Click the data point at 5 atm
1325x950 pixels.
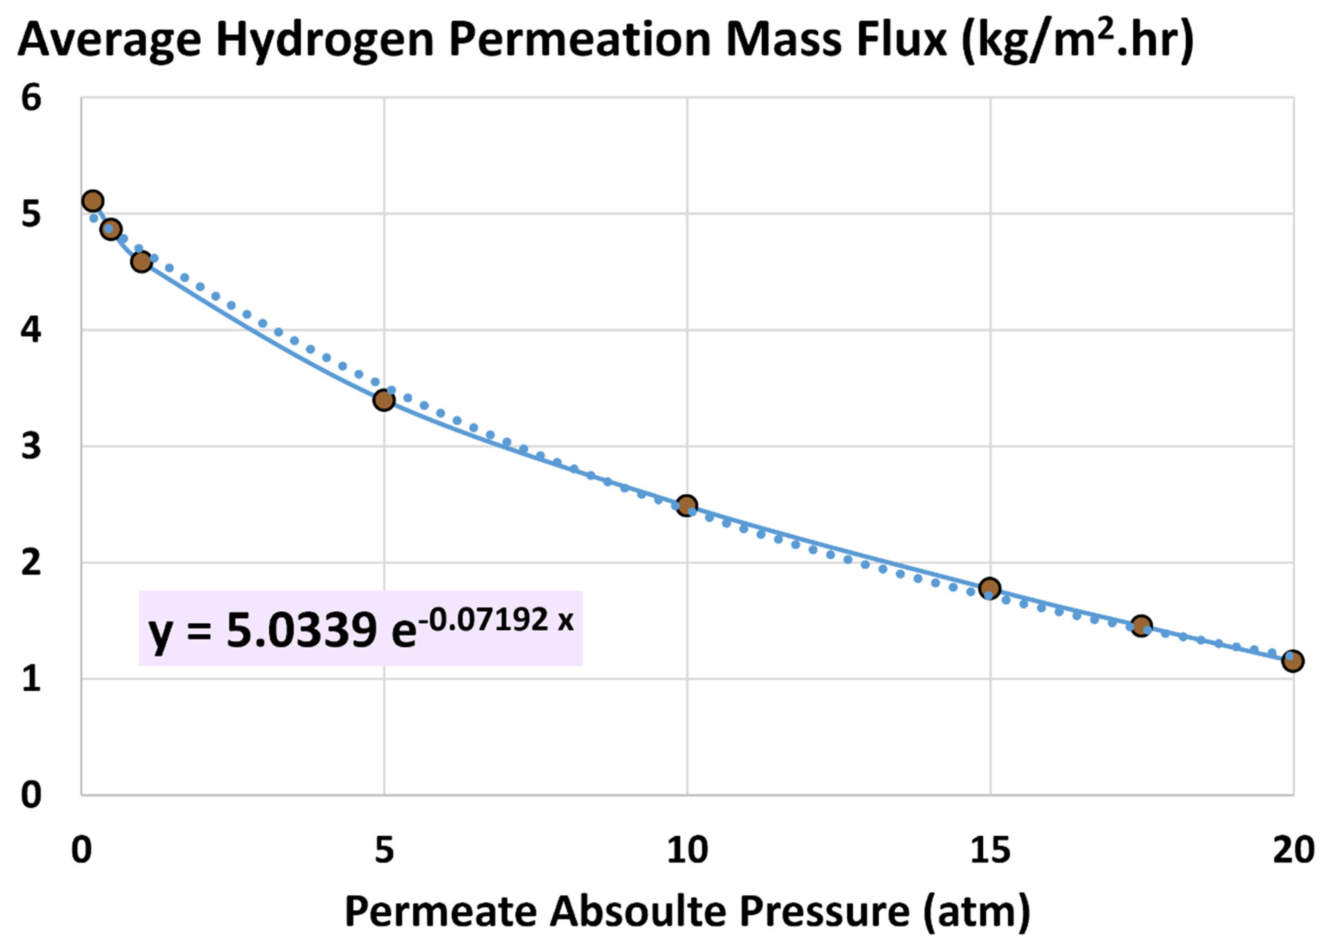(384, 400)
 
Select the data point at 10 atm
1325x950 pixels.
(687, 505)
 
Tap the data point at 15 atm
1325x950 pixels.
(990, 588)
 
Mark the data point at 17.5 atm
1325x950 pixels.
(1141, 627)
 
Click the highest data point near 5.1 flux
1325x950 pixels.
(93, 201)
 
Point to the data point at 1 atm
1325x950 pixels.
(141, 261)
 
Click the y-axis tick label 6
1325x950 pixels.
(31, 98)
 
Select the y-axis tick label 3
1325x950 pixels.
(31, 447)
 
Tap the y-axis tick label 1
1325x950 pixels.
(31, 679)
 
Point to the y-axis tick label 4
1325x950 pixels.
(31, 330)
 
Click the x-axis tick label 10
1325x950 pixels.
(687, 851)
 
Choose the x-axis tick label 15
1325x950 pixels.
(990, 851)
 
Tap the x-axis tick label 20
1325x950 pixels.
(1293, 851)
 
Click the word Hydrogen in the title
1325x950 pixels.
(325, 40)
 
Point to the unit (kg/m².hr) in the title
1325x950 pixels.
(1077, 40)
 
